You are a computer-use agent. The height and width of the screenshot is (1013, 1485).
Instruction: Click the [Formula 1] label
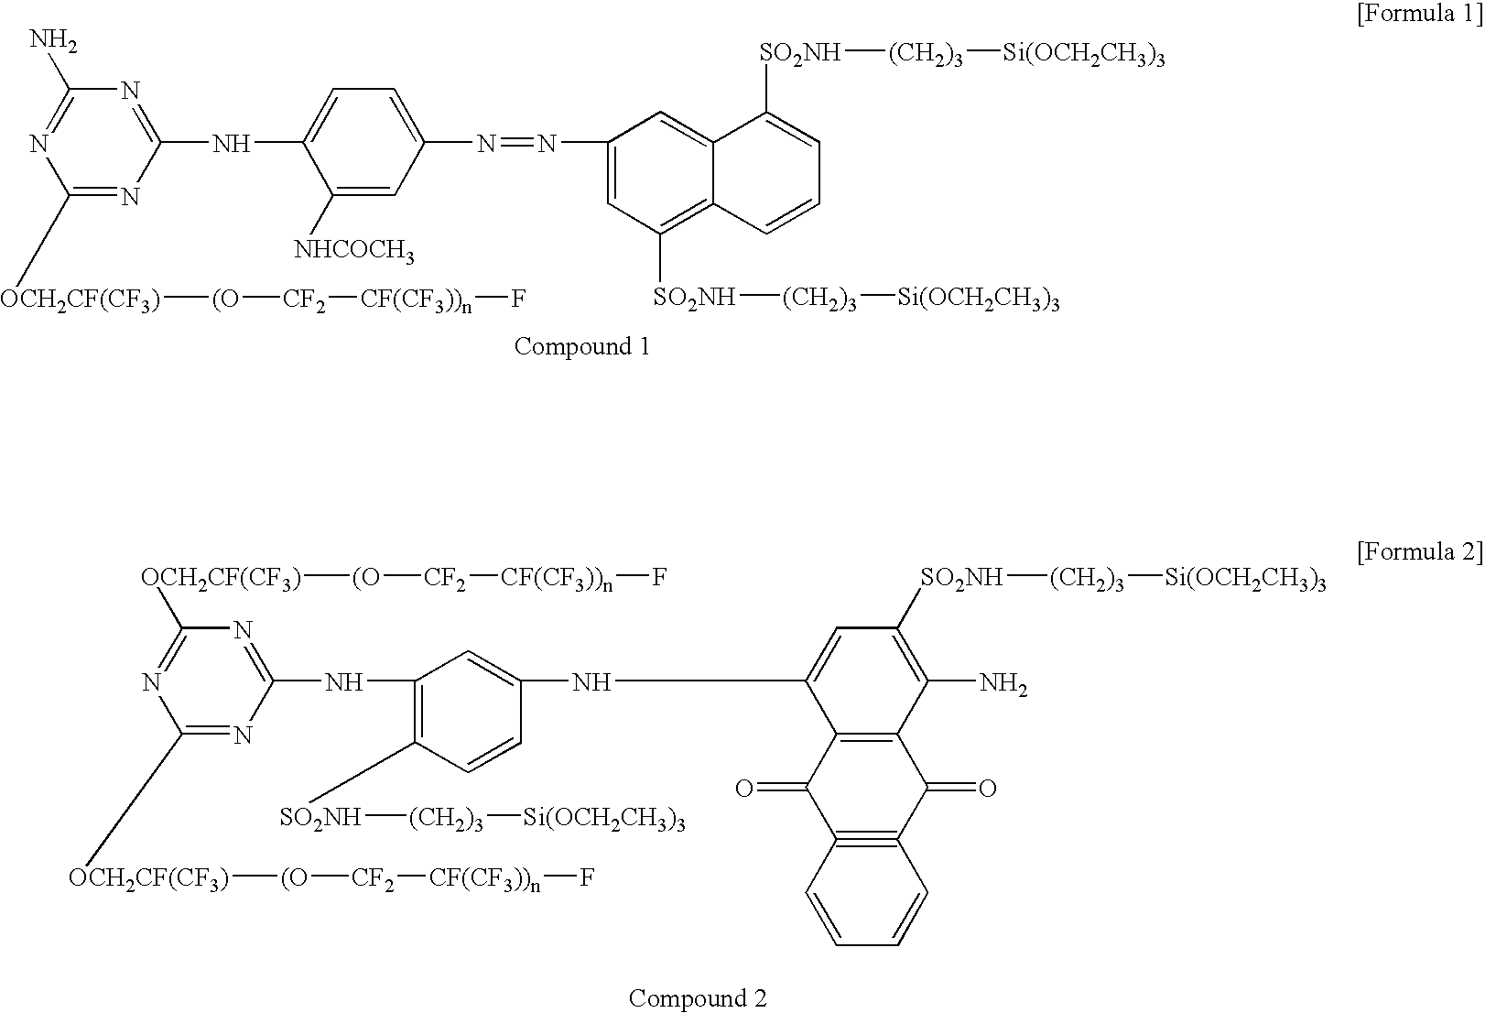[1419, 13]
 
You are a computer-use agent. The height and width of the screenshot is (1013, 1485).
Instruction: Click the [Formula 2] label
[1419, 551]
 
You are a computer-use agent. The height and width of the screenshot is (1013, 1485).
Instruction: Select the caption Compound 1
[582, 346]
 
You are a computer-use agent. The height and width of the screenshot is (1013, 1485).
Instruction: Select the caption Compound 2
[698, 997]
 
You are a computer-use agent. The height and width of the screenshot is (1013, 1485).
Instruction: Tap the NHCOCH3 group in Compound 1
[354, 251]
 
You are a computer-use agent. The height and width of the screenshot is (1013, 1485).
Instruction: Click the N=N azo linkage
[516, 143]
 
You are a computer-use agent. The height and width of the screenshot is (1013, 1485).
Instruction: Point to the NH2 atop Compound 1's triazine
[54, 40]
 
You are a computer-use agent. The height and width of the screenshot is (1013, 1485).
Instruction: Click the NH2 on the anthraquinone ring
[1003, 683]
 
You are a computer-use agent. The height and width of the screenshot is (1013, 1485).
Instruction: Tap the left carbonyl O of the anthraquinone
[744, 788]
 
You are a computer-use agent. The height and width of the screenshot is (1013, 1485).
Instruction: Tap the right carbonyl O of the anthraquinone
[988, 788]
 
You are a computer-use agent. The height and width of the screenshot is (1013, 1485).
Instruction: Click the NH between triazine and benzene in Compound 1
[232, 143]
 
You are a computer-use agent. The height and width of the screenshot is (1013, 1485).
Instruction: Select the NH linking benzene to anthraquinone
[591, 682]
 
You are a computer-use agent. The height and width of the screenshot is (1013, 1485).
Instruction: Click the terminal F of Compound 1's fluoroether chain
[518, 299]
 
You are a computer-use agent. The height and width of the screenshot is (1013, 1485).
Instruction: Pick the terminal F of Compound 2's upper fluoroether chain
[659, 578]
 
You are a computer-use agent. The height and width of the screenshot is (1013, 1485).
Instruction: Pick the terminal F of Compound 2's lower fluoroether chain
[587, 877]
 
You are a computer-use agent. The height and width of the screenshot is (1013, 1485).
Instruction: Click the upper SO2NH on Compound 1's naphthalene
[800, 53]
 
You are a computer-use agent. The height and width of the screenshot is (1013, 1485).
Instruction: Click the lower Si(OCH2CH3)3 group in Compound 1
[979, 299]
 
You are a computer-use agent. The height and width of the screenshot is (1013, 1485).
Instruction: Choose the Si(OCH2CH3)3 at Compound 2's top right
[1246, 579]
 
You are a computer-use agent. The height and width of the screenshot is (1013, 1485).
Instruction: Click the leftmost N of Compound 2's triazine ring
[152, 682]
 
